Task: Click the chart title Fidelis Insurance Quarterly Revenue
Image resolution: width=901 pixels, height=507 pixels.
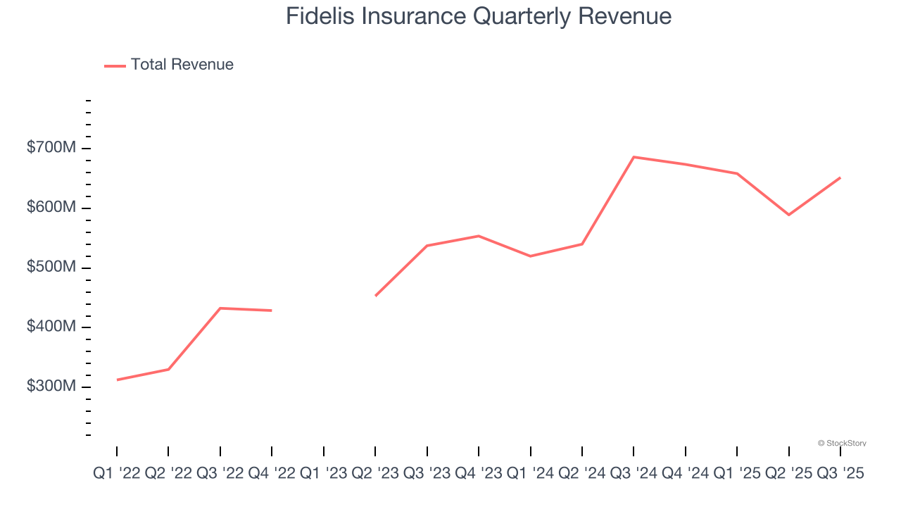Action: [x=479, y=16]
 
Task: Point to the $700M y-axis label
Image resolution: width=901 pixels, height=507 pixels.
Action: [x=51, y=149]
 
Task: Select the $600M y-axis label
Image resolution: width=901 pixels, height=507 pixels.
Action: [x=51, y=208]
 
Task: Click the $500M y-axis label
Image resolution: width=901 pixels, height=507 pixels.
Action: [x=51, y=268]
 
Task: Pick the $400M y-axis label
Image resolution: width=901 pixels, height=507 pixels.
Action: [x=51, y=327]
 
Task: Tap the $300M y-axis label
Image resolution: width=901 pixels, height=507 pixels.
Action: [x=51, y=387]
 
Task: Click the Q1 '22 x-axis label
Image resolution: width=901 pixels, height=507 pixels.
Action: [x=117, y=474]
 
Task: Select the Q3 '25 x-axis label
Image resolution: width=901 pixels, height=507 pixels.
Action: [x=840, y=474]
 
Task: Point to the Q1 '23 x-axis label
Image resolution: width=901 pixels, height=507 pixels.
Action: [x=324, y=474]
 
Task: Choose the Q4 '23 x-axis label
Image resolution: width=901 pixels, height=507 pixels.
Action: [x=479, y=474]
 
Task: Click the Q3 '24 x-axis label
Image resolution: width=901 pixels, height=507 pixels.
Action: [x=634, y=474]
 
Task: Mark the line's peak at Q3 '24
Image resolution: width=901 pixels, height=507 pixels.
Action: [x=634, y=157]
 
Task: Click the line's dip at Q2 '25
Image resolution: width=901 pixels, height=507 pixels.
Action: [x=788, y=215]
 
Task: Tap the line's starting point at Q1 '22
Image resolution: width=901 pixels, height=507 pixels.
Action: [x=117, y=380]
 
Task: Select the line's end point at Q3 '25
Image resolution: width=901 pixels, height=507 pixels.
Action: [x=840, y=177]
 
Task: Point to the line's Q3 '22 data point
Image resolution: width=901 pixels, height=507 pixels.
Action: [x=220, y=308]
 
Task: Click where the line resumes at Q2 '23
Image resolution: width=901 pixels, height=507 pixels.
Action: [x=375, y=296]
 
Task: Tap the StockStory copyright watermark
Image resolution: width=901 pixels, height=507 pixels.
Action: [x=842, y=443]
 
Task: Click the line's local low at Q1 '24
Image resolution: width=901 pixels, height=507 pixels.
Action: [x=530, y=256]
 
